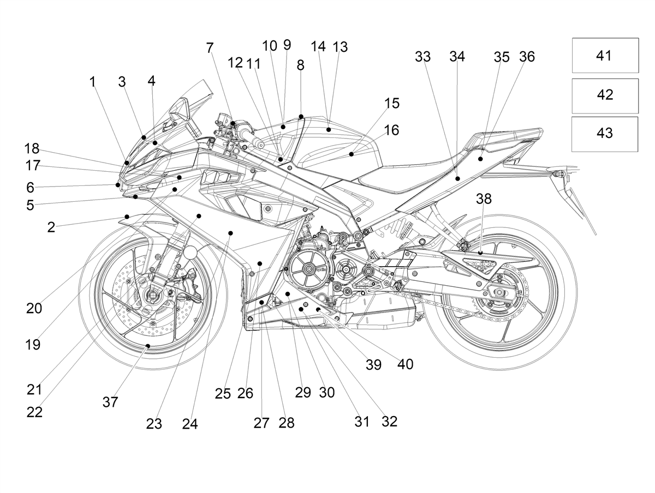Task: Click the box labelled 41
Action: [x=605, y=55]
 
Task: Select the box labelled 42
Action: [x=605, y=95]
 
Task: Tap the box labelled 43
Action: [x=605, y=134]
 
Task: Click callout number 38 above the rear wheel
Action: [x=484, y=199]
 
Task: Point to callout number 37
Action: [x=110, y=402]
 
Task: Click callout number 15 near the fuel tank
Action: [x=391, y=104]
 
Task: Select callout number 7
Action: [x=210, y=47]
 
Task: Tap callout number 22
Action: [x=34, y=412]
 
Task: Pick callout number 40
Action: [x=405, y=364]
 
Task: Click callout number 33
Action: [x=422, y=56]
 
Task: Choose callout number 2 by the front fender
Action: [x=51, y=227]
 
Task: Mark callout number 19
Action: [x=33, y=345]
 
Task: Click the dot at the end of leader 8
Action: [x=301, y=116]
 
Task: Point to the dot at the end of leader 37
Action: [x=147, y=346]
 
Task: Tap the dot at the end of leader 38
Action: [x=480, y=253]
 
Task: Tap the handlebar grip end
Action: [x=260, y=145]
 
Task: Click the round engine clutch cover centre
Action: [x=307, y=270]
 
